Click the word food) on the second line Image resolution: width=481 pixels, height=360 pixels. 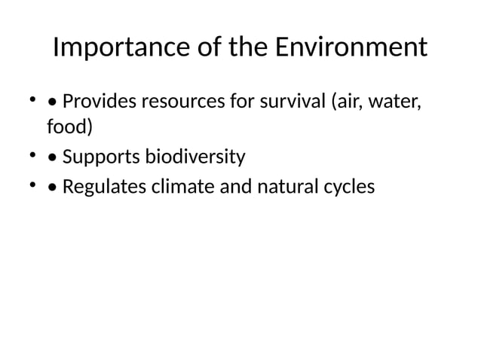click(70, 128)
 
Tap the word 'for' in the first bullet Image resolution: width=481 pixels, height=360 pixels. click(239, 101)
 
